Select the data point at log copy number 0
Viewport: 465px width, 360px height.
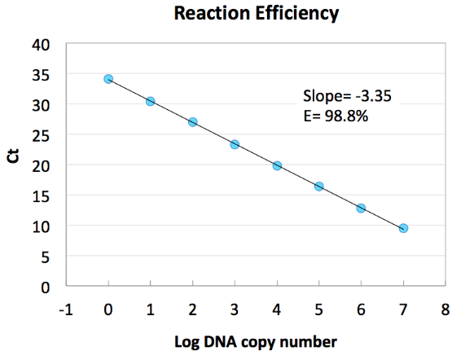coord(108,79)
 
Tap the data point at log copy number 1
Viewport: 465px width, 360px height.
coord(151,101)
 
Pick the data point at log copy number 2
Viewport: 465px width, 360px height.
coord(193,122)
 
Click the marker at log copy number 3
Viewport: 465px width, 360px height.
coord(235,144)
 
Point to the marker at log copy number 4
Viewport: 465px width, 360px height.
coord(277,165)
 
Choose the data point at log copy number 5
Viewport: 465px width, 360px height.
coord(319,187)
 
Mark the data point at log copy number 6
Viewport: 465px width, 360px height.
coord(361,208)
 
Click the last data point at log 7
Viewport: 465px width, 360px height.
coord(403,228)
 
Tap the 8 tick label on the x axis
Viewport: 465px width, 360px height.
coord(445,310)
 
